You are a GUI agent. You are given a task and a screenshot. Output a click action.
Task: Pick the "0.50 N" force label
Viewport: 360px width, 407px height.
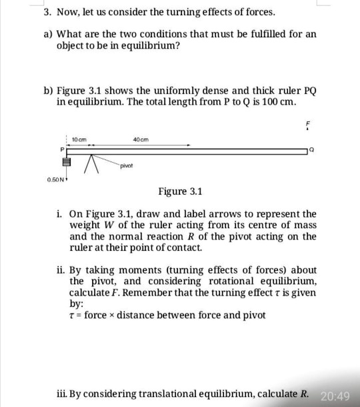(x=56, y=178)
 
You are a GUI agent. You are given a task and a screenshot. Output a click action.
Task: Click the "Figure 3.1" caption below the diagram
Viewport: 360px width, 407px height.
(x=179, y=192)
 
